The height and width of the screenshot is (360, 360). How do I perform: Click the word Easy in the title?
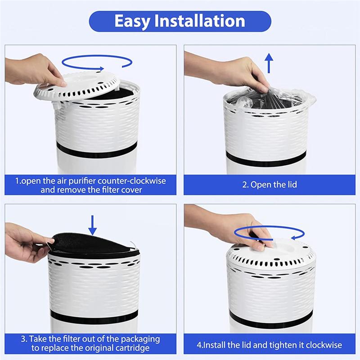134,21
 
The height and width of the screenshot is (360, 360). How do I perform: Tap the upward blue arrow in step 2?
269,63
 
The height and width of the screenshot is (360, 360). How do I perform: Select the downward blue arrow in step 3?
92,225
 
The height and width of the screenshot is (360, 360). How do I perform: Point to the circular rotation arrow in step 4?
269,233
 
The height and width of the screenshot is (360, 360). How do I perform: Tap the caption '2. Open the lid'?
270,185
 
